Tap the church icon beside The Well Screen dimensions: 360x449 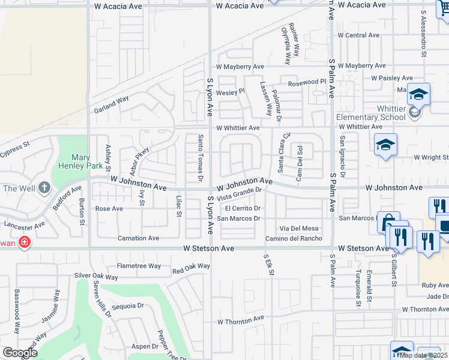(x=44, y=188)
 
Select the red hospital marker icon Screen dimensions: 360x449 (x=24, y=242)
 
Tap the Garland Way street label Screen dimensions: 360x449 (x=112, y=106)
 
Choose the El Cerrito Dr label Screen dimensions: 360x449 (x=243, y=208)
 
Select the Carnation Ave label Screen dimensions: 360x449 (x=139, y=238)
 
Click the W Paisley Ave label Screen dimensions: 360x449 (x=391, y=78)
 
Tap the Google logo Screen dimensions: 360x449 (x=20, y=353)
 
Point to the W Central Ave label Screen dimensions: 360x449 (x=358, y=35)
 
